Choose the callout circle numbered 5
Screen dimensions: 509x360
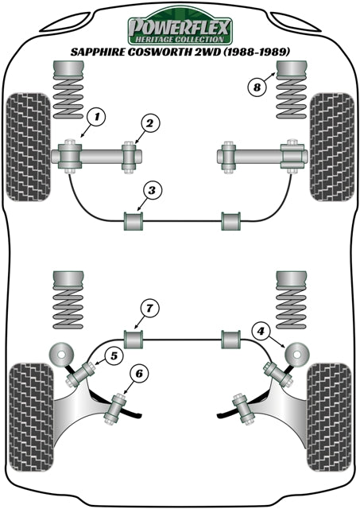click(114, 357)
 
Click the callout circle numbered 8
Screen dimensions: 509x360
click(256, 87)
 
